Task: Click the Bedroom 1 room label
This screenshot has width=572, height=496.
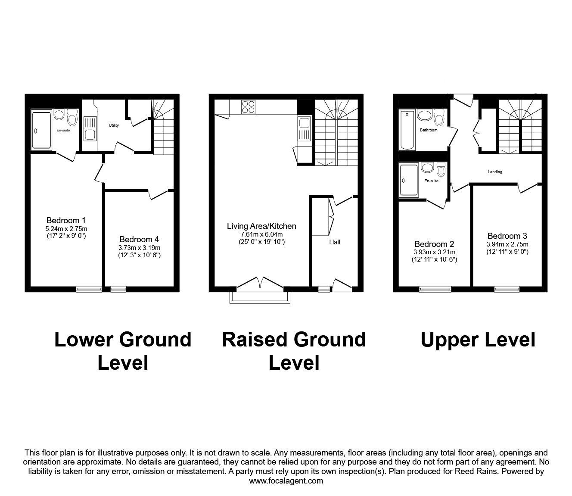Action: click(66, 221)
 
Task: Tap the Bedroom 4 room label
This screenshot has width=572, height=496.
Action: click(139, 239)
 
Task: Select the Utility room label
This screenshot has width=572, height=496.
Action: click(113, 125)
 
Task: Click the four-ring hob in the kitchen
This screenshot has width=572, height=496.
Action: click(248, 107)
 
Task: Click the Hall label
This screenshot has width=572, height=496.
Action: click(335, 242)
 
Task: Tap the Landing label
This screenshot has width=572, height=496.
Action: click(495, 172)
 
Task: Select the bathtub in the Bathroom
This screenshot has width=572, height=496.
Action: click(407, 129)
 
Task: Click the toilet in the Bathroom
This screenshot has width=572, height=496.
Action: click(438, 117)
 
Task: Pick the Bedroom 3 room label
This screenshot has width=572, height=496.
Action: click(507, 236)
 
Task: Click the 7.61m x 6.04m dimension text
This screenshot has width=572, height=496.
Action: click(261, 234)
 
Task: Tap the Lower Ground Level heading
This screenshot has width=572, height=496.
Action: click(123, 351)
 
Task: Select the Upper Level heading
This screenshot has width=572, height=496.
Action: click(478, 340)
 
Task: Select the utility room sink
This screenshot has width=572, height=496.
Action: click(90, 131)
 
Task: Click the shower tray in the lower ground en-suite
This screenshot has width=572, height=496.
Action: click(41, 130)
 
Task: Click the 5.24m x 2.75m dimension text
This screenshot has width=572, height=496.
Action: click(66, 229)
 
